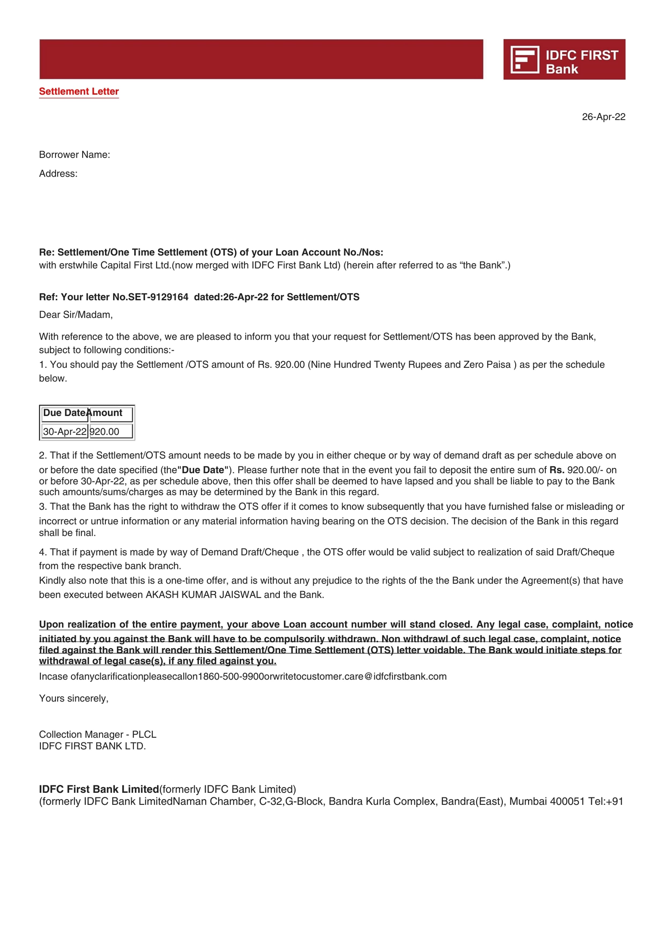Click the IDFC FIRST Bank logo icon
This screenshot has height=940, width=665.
(524, 60)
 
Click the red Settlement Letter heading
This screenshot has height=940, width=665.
(79, 91)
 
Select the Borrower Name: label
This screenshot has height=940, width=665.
(75, 155)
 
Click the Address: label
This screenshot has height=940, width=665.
(58, 174)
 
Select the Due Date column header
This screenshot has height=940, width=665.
(64, 413)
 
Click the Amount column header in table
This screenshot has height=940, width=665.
(106, 413)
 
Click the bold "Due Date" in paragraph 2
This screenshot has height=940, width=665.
(203, 470)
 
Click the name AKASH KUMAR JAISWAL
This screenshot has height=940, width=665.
(203, 595)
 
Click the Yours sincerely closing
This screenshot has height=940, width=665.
(74, 699)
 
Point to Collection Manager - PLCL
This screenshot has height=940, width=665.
(98, 734)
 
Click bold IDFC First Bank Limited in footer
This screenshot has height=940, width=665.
(99, 789)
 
